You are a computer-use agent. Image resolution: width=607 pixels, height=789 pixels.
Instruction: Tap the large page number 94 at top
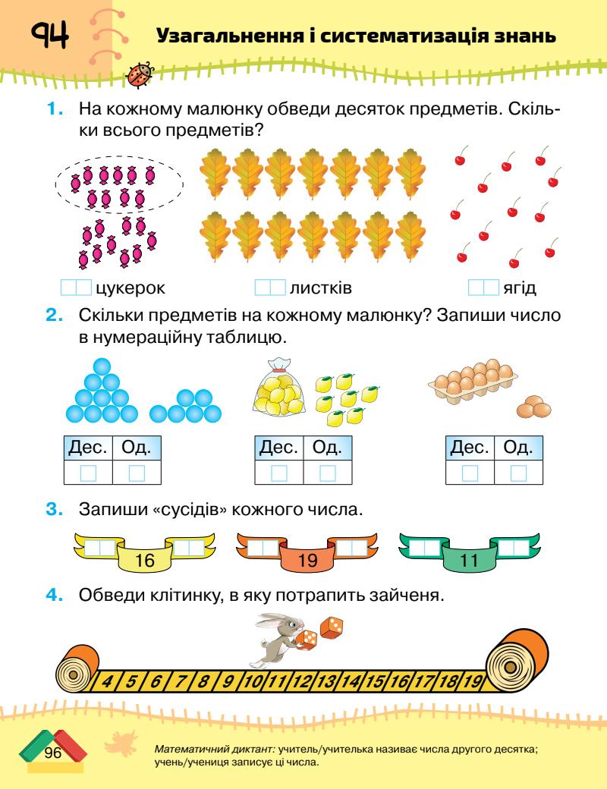50,35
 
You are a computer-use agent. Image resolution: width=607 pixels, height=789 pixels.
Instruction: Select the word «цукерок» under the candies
131,288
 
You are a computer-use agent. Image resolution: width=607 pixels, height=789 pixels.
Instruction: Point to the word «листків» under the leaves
320,288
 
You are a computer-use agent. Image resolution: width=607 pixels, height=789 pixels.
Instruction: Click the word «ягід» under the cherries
519,288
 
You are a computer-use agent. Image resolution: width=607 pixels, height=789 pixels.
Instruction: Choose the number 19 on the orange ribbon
307,562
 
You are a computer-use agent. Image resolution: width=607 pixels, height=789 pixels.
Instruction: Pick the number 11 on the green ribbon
467,562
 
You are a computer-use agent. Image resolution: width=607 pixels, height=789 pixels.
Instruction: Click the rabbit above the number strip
276,634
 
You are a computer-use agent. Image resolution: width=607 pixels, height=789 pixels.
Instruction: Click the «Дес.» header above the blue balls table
88,448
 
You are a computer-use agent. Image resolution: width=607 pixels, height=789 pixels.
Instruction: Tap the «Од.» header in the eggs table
517,448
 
